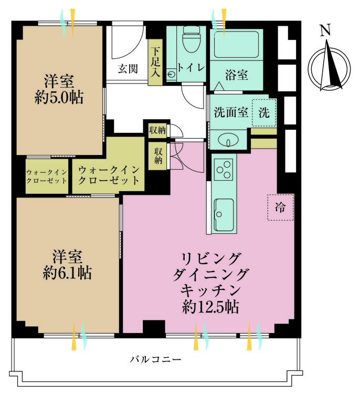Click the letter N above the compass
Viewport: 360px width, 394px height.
point(326,31)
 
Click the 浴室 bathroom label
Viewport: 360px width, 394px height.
point(237,75)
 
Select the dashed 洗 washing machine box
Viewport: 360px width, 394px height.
point(263,113)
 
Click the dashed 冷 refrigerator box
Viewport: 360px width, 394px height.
point(281,207)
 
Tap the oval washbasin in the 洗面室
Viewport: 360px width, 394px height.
point(229,141)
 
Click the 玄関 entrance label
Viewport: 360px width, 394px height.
point(128,68)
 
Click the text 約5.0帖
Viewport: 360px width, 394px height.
point(59,98)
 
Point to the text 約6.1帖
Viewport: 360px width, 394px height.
point(67,273)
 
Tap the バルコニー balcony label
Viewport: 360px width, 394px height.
point(155,360)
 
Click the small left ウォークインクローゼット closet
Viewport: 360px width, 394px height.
point(47,177)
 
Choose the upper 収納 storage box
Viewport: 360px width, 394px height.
point(157,130)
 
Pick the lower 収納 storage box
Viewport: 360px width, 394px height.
point(158,156)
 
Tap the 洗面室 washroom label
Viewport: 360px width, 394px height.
point(231,113)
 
